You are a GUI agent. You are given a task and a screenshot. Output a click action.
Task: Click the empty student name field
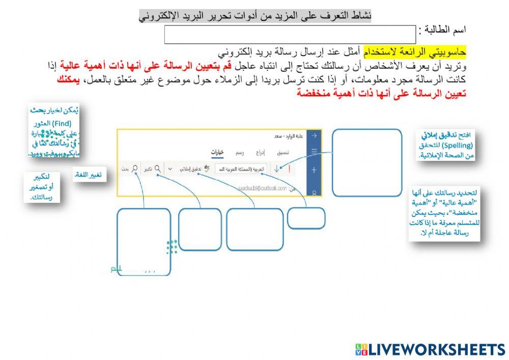(290, 35)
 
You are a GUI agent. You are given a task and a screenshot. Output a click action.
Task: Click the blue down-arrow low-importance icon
(277, 169)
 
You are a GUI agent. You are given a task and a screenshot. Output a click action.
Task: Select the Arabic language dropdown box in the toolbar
(242, 169)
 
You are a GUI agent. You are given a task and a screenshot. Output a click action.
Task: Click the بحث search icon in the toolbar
(135, 169)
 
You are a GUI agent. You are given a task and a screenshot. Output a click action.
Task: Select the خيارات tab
(218, 152)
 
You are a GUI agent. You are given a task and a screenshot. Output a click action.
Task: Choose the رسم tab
(239, 152)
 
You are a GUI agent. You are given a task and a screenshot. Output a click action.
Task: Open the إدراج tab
(260, 152)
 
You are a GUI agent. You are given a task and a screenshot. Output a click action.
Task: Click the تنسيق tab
(284, 152)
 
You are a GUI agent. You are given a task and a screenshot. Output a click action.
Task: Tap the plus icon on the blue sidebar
(315, 170)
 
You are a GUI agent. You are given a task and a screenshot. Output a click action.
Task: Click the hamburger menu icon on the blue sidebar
(315, 151)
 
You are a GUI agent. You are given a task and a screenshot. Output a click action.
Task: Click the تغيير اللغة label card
(88, 175)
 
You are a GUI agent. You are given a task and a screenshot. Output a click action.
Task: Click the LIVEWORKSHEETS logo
(431, 349)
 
